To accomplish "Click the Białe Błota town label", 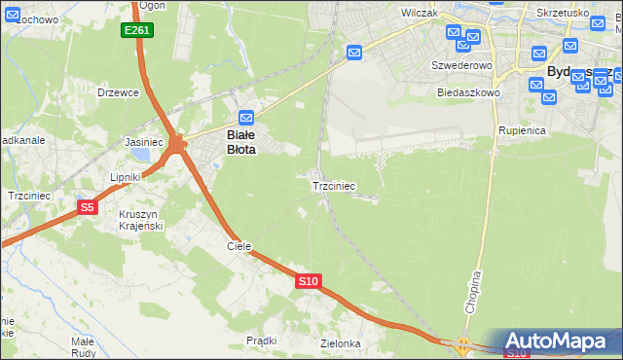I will pos(241,143).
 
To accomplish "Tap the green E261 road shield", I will pos(136,31).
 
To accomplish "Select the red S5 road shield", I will pos(88,207).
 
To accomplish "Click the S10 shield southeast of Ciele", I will pos(308,281).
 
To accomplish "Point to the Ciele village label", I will pos(239,246).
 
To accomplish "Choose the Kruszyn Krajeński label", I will pos(142,220).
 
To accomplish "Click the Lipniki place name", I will pos(127,177).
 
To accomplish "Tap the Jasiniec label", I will pos(143,142).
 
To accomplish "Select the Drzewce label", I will pos(119,92).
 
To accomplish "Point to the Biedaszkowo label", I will pos(468,92).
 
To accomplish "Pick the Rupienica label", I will pos(521,129).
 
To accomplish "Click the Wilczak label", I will pos(420,14).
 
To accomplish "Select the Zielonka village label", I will pos(341,344).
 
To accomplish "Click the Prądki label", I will pos(262,341).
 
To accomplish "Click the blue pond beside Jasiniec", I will pos(144,154).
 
